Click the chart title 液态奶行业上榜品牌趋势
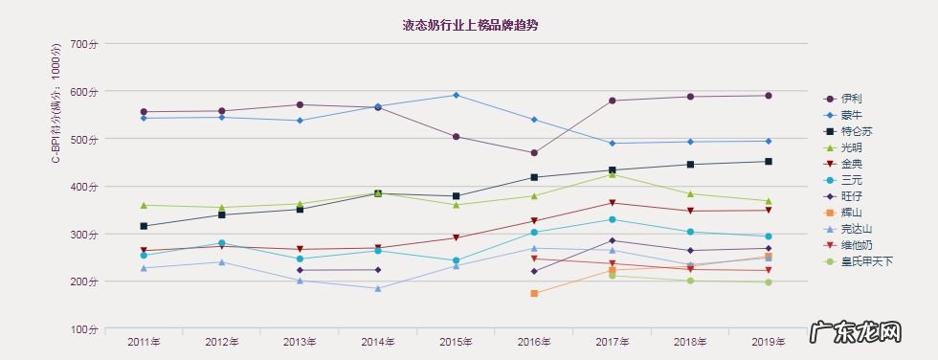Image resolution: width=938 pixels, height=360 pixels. click(469, 25)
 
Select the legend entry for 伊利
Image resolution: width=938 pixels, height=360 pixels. click(850, 99)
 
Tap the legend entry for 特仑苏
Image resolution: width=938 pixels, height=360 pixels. click(856, 131)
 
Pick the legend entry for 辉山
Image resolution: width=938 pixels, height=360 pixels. click(850, 213)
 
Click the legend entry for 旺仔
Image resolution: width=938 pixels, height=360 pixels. click(850, 196)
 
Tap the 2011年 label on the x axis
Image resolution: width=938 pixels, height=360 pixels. click(144, 342)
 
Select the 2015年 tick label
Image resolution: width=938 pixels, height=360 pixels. click(456, 342)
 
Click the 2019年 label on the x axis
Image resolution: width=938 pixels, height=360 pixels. click(768, 342)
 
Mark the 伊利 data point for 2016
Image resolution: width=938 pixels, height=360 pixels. click(534, 153)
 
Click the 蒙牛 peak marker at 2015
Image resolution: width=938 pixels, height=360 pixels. click(456, 95)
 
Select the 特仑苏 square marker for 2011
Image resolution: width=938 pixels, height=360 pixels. click(144, 226)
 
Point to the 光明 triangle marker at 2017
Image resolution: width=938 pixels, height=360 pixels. click(613, 174)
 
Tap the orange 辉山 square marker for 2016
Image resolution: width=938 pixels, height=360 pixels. click(534, 293)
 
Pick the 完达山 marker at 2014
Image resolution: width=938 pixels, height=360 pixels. click(378, 288)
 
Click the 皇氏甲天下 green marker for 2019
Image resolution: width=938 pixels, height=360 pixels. click(768, 281)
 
